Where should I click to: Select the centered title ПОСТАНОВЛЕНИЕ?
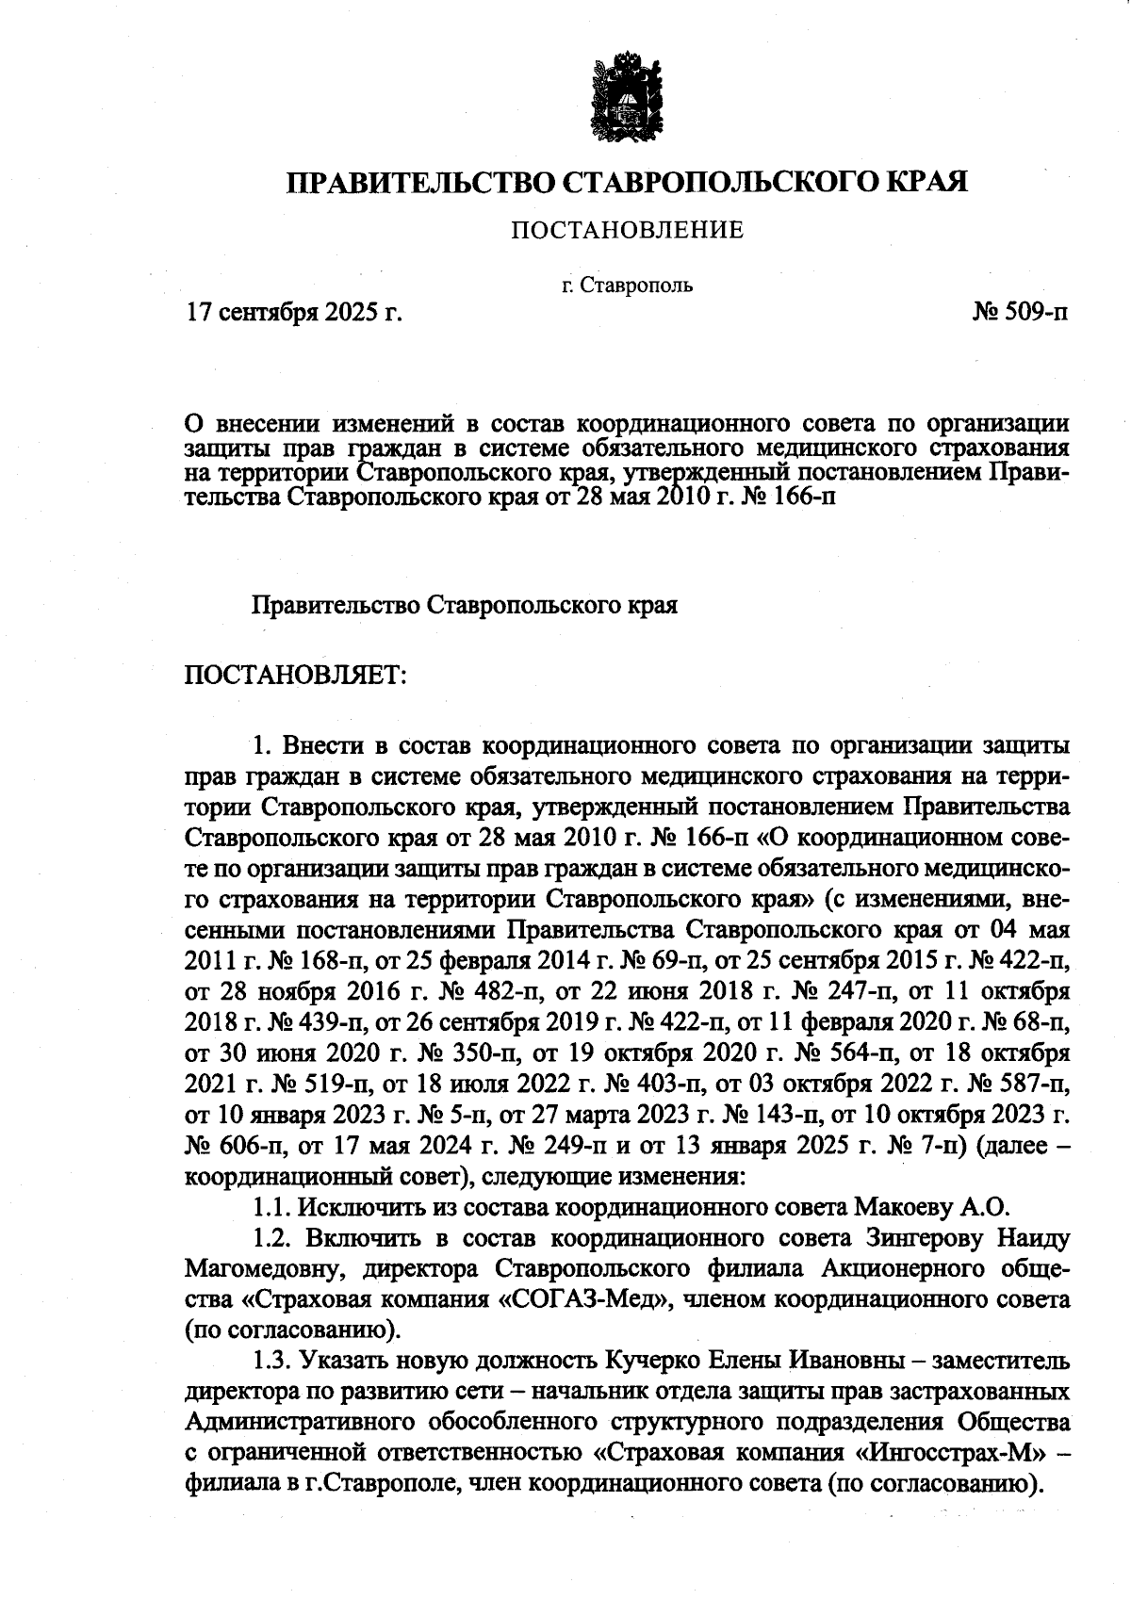pyautogui.click(x=627, y=230)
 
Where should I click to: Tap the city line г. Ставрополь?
pyautogui.click(x=627, y=285)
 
